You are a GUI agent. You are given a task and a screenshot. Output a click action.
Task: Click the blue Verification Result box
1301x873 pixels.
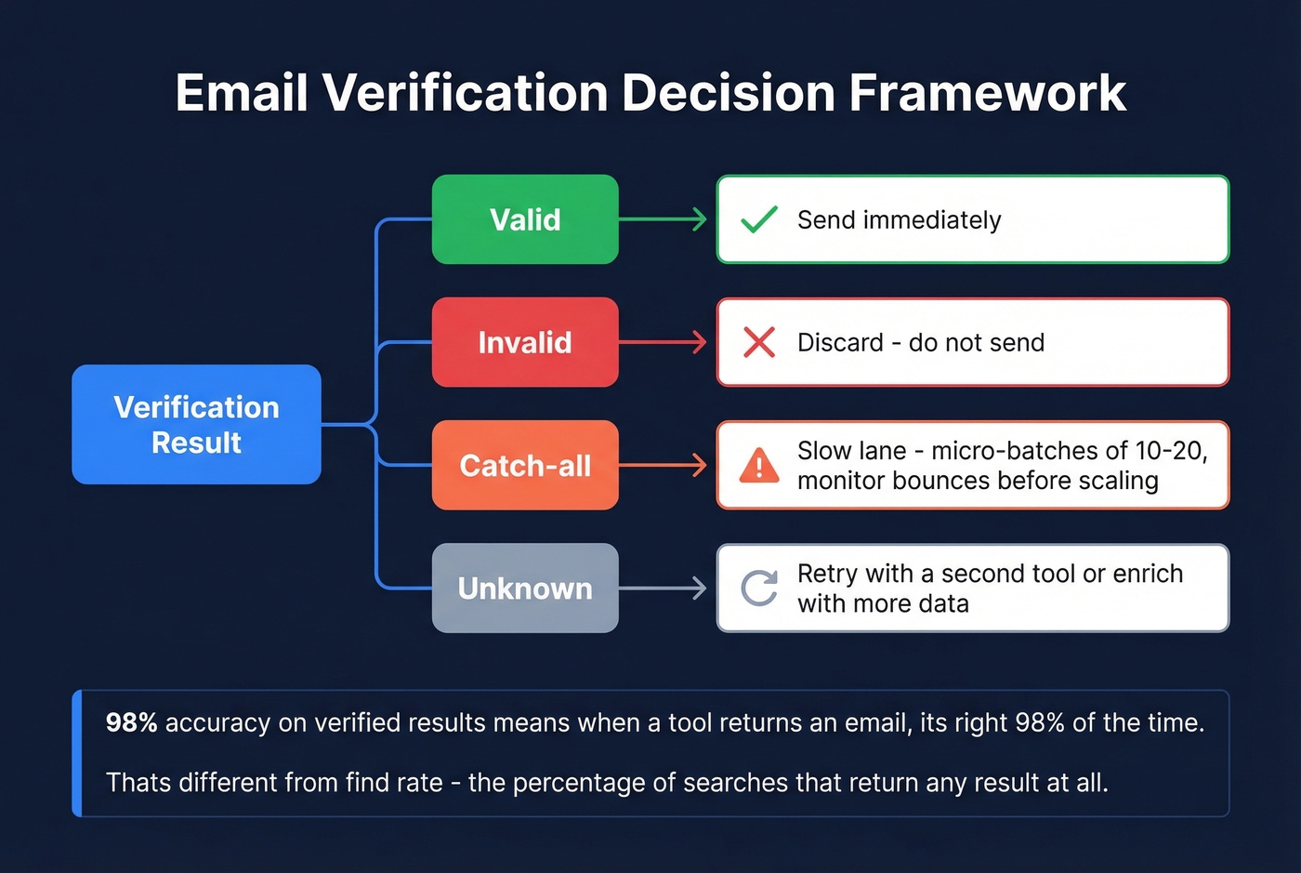click(x=196, y=424)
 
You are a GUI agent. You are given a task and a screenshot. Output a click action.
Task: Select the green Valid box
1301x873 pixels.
click(x=525, y=219)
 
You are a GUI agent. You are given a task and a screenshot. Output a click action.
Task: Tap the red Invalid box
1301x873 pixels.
click(x=525, y=342)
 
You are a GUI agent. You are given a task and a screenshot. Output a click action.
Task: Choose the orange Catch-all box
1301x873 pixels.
click(x=525, y=465)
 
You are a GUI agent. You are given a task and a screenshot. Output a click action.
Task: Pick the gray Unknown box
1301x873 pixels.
click(x=525, y=588)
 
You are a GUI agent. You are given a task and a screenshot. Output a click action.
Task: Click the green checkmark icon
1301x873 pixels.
click(x=759, y=219)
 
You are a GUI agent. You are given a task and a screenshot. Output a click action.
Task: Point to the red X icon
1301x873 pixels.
click(x=759, y=342)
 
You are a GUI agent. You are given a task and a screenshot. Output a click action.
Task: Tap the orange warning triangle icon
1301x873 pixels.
click(x=759, y=465)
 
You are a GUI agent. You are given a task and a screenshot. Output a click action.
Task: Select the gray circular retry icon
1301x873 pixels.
click(x=759, y=588)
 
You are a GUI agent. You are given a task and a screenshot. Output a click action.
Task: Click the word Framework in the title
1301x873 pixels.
click(x=987, y=93)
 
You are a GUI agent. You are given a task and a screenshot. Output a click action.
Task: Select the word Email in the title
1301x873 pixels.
click(x=242, y=93)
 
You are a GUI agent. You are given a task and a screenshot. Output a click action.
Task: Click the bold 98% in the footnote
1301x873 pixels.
click(x=131, y=722)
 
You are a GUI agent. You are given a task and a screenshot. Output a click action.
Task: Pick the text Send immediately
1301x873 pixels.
click(x=899, y=220)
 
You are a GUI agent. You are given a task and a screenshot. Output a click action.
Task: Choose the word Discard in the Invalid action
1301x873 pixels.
click(x=840, y=343)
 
